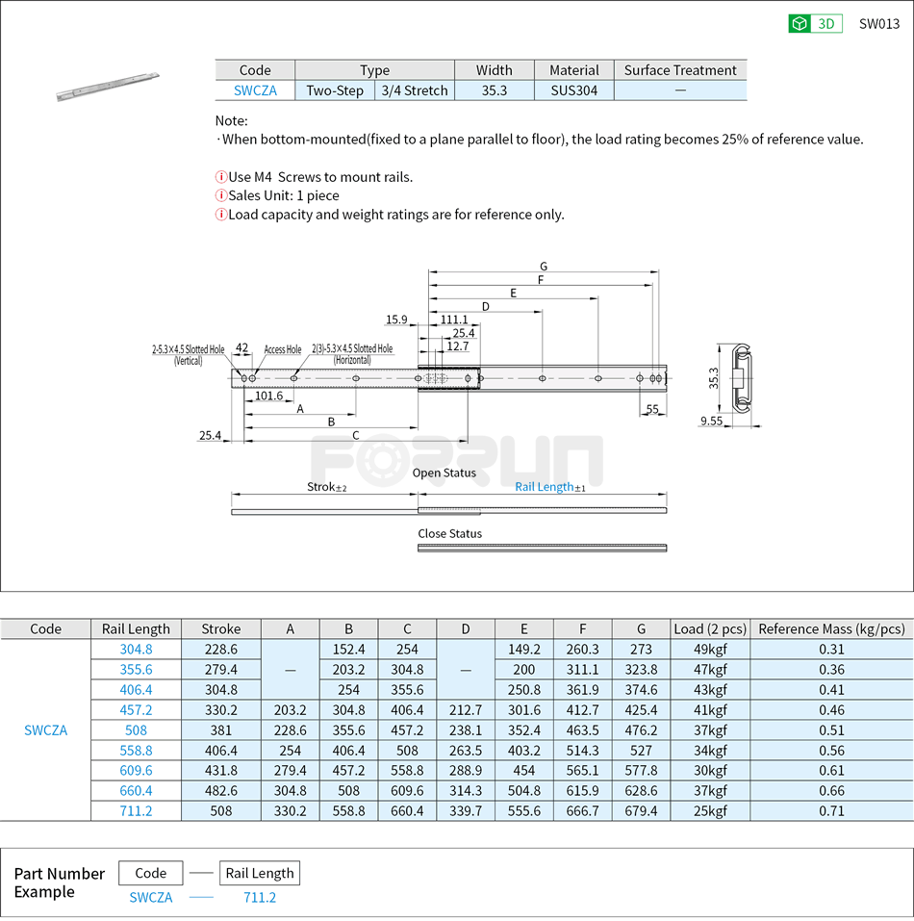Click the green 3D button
(815, 24)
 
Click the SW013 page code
(878, 24)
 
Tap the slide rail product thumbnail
(108, 86)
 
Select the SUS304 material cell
(573, 90)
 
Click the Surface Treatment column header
(679, 70)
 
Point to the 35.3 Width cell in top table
(494, 90)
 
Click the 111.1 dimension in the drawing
(453, 320)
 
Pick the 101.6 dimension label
(268, 396)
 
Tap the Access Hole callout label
(283, 349)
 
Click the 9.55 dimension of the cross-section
(712, 421)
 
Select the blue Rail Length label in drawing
(545, 487)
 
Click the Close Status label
(449, 533)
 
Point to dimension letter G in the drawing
(544, 267)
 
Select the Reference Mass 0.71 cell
(830, 811)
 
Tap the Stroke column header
(221, 629)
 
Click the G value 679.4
(641, 811)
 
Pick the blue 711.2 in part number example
(259, 898)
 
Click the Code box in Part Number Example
(151, 874)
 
